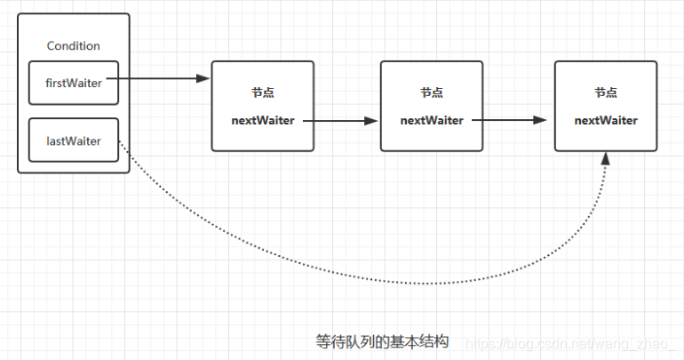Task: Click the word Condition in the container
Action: pyautogui.click(x=73, y=46)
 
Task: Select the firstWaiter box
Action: pyautogui.click(x=73, y=83)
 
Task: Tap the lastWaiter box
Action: pyautogui.click(x=73, y=140)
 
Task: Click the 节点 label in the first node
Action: pyautogui.click(x=263, y=93)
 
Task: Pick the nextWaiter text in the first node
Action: pyautogui.click(x=263, y=120)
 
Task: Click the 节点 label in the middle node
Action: pyautogui.click(x=432, y=93)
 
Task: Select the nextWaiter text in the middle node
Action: pyautogui.click(x=432, y=120)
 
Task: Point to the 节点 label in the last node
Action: pyautogui.click(x=606, y=93)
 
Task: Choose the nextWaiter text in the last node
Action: pyautogui.click(x=606, y=120)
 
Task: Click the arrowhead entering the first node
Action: pyautogui.click(x=203, y=79)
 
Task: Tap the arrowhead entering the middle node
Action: pyautogui.click(x=372, y=120)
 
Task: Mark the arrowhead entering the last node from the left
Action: pyautogui.click(x=546, y=120)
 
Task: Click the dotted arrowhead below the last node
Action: pyautogui.click(x=606, y=158)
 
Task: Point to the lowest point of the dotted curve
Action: pyautogui.click(x=418, y=284)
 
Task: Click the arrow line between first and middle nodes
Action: pyautogui.click(x=342, y=120)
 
